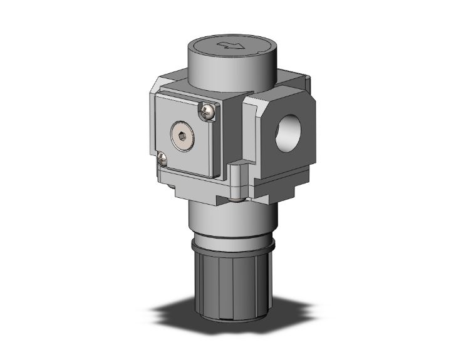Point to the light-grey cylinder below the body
tap(225, 219)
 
